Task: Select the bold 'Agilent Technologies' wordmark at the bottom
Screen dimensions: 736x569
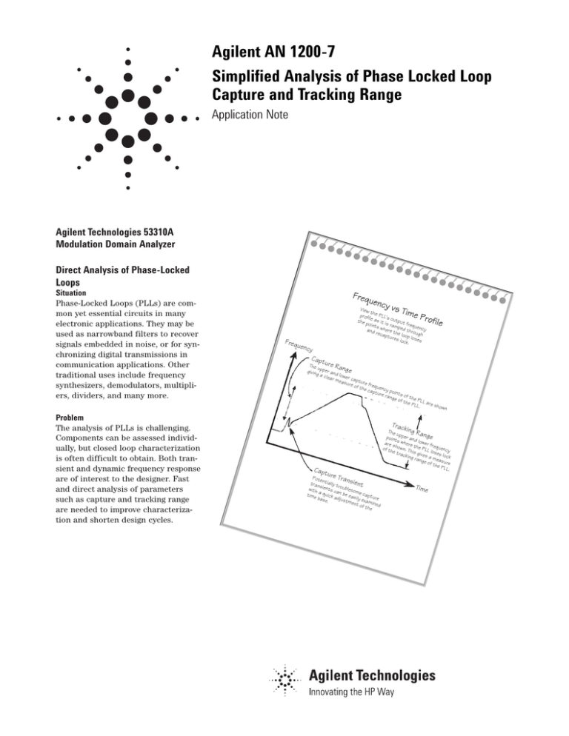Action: (370, 675)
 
